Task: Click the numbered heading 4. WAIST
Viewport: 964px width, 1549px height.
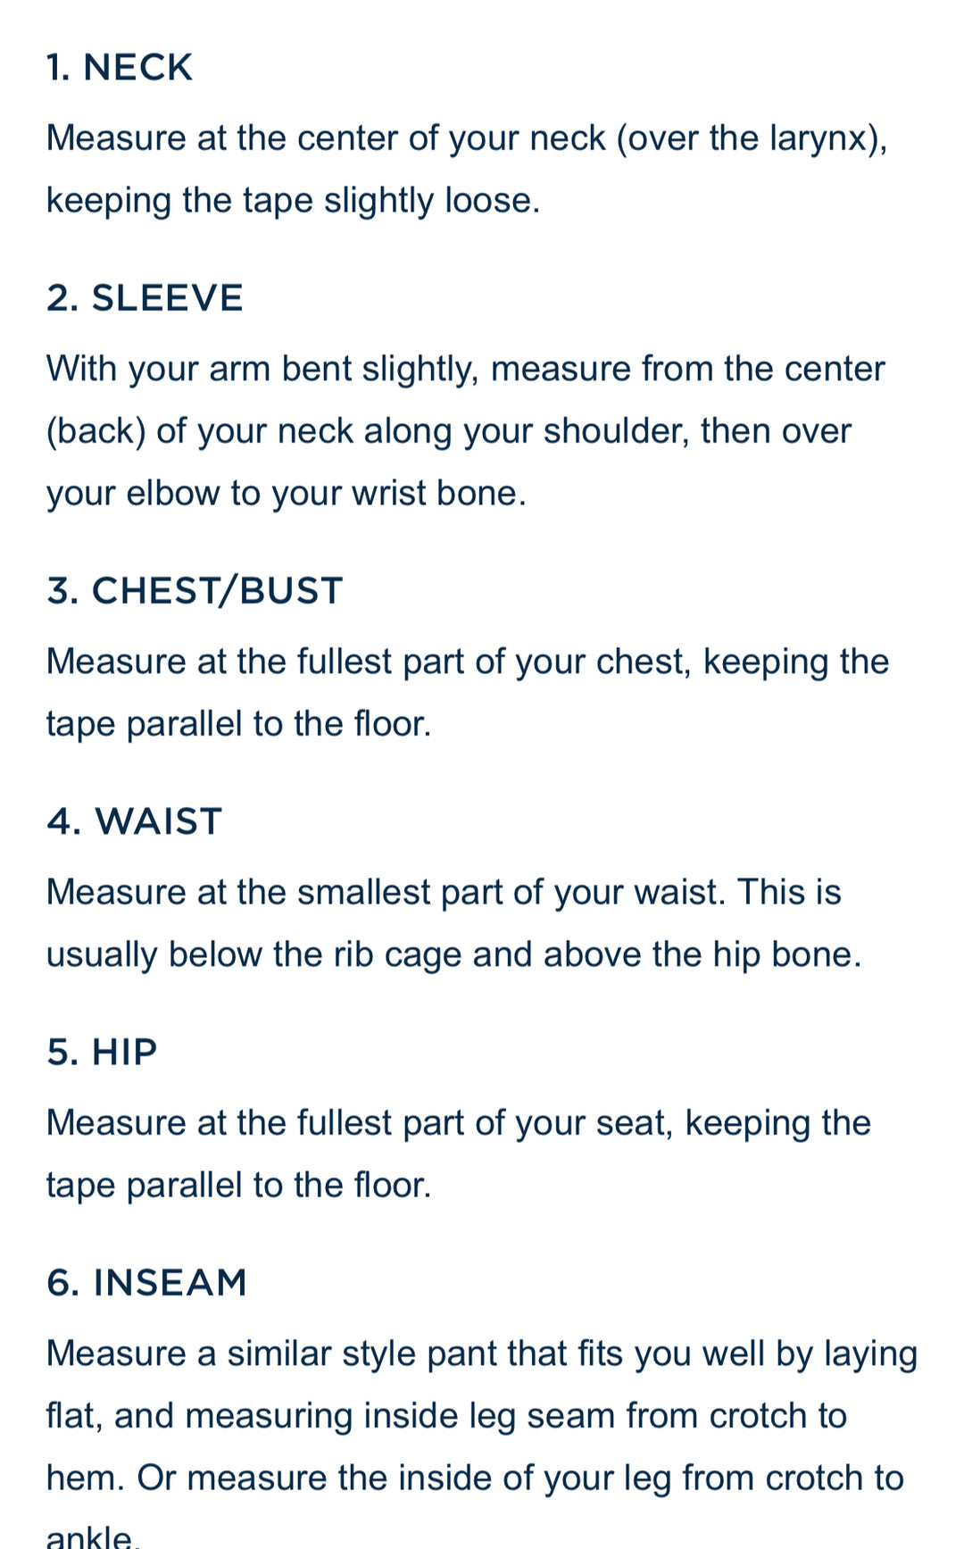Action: pos(134,821)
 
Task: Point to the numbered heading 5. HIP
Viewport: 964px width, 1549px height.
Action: pos(102,1053)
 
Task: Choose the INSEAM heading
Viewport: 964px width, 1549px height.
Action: pos(146,1283)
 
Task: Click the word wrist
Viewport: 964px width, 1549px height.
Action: pos(389,494)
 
